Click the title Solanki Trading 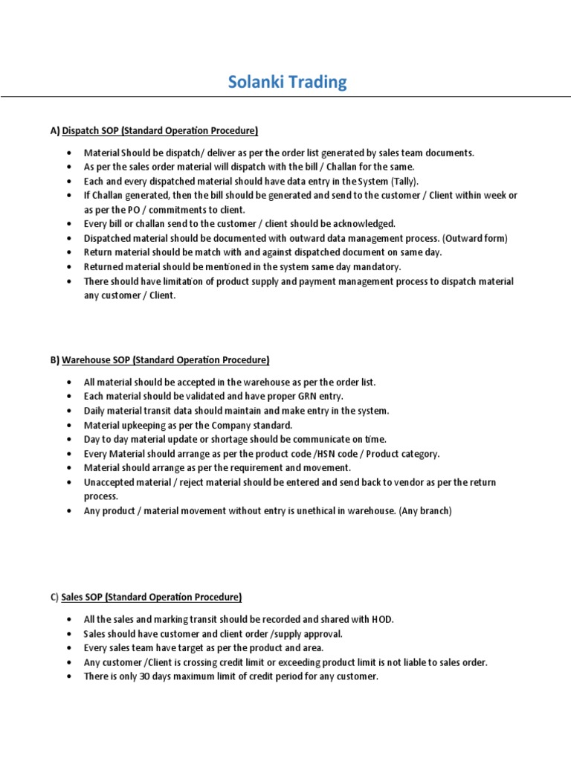point(287,82)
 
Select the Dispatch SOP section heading point(159,131)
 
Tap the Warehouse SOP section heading point(165,360)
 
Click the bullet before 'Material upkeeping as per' point(69,425)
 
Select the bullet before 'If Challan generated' point(69,195)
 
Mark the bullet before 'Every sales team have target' point(69,648)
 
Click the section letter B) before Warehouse point(55,360)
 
